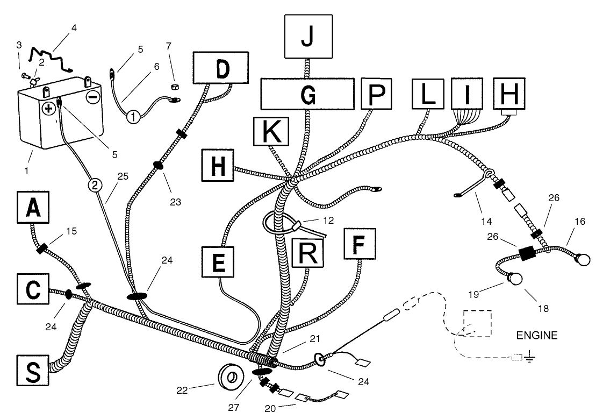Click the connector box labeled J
coord(308,37)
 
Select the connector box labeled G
coord(307,94)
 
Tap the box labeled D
coord(221,68)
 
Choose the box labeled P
coord(377,94)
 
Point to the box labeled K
coord(271,132)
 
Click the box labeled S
coord(33,371)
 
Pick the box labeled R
coord(307,253)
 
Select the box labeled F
coord(360,244)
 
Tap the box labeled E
coord(218,261)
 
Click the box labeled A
coord(33,207)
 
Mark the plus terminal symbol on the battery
coord(49,109)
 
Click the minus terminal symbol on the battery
coord(92,96)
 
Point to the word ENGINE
coord(536,335)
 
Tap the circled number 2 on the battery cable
coord(95,186)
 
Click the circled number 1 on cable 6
coord(133,116)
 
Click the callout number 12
coord(328,221)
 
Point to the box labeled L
coord(428,94)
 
